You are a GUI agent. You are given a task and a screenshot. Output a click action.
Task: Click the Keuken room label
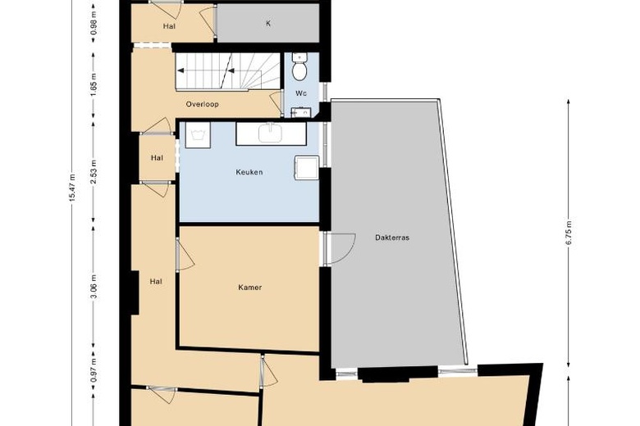249,172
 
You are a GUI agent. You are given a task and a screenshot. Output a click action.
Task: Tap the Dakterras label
392,238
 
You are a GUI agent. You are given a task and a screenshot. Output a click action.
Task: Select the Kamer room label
249,288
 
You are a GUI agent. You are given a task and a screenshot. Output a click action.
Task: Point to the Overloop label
202,104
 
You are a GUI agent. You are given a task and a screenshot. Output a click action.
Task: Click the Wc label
301,93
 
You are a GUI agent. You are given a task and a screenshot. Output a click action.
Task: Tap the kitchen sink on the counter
270,133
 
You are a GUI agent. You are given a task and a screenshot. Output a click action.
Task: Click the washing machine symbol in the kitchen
198,134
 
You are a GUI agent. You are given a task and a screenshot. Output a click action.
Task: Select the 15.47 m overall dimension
72,188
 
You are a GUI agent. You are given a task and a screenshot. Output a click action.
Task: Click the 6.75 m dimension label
569,233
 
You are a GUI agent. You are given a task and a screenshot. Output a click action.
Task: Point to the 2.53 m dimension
94,171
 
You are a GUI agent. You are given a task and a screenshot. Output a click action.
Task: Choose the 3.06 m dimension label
94,286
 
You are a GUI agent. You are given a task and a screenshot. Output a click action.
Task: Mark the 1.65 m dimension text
94,84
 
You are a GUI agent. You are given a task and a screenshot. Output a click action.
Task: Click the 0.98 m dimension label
94,23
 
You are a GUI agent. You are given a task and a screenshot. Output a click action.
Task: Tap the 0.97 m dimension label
94,370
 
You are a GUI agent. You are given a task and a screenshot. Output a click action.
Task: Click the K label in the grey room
268,23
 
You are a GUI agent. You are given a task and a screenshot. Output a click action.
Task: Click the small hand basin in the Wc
301,112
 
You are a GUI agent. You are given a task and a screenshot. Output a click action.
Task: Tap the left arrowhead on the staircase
181,70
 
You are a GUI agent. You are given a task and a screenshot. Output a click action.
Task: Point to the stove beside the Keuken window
306,168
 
